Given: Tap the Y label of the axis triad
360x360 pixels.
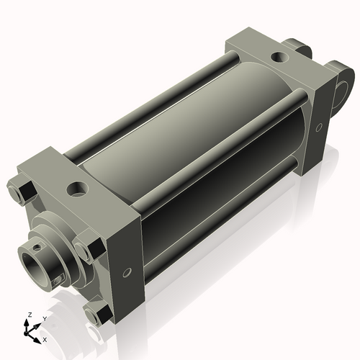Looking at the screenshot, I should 45,318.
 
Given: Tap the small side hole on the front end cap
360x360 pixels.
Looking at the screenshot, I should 127,273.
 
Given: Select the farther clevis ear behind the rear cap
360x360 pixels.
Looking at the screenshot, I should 298,49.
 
